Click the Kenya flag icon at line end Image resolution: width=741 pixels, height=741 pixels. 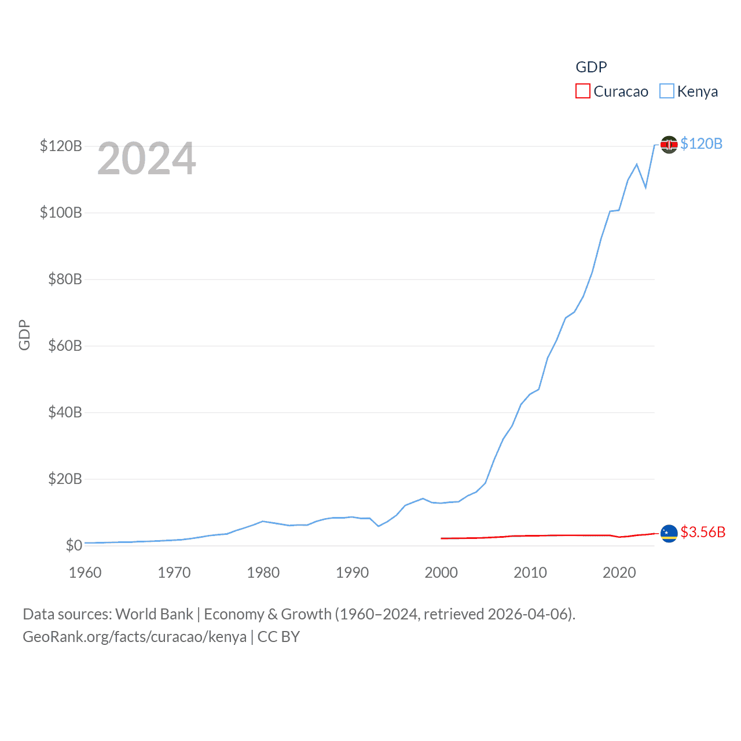point(669,144)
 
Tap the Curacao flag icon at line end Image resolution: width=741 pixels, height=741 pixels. point(669,533)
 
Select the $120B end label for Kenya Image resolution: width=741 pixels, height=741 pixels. point(701,144)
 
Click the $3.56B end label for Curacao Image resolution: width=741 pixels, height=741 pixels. point(703,532)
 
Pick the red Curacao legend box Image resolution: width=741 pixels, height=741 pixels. point(582,91)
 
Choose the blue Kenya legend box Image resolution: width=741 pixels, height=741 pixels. point(666,91)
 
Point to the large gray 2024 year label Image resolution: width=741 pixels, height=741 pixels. point(146,159)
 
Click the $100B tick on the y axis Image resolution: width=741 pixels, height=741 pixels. point(61,212)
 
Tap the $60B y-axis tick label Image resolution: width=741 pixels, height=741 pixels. point(65,346)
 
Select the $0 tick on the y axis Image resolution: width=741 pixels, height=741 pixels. point(74,545)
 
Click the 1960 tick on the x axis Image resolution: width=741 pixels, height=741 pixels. point(85,573)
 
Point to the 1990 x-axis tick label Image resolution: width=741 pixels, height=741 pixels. point(352,573)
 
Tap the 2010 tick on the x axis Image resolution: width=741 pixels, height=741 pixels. point(530,573)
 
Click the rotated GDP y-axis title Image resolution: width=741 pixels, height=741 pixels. point(24,335)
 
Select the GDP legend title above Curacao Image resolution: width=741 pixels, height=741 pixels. point(591,67)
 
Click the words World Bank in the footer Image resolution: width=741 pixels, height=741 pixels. point(154,614)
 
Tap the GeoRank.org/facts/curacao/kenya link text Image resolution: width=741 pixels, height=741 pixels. point(134,637)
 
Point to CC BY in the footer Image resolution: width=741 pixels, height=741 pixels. point(278,637)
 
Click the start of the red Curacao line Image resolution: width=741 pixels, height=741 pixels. point(442,538)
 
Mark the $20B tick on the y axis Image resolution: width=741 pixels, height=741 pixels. point(65,479)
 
